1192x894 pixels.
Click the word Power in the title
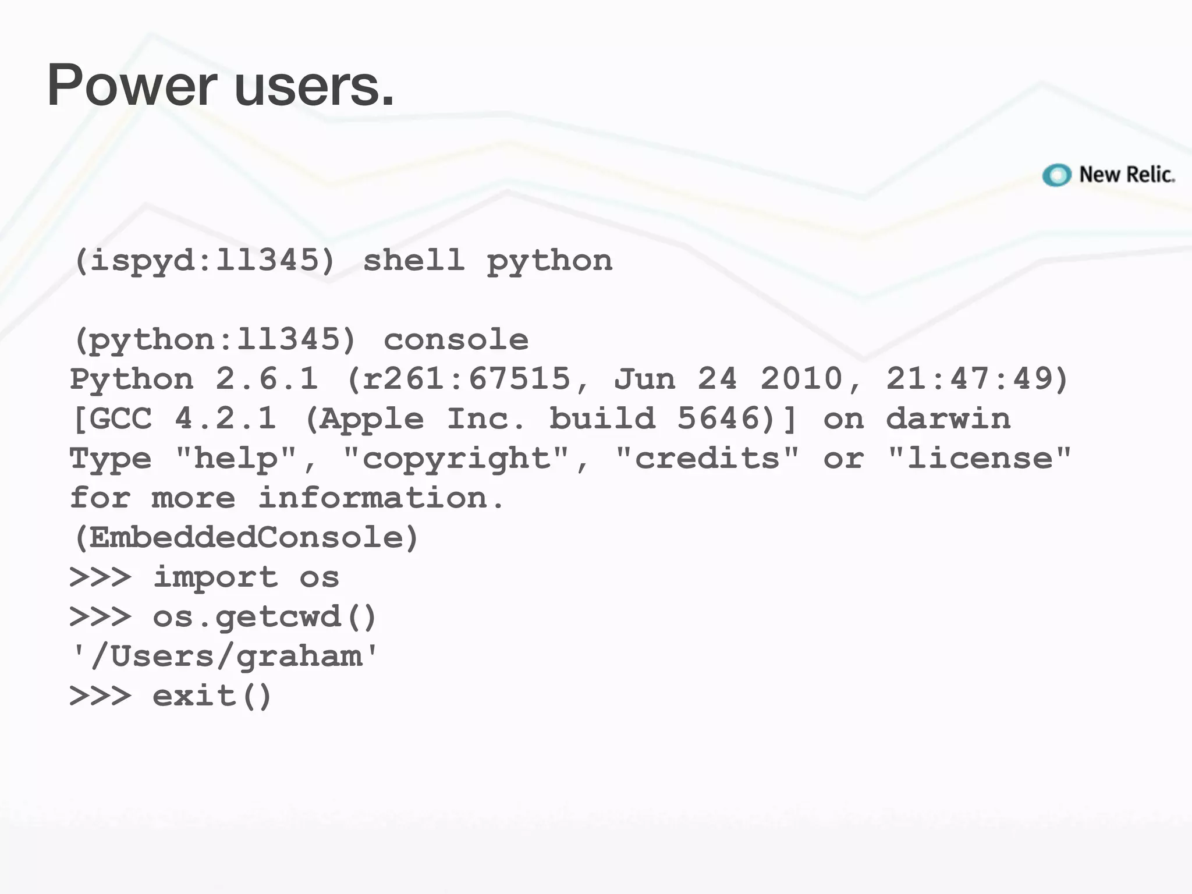(132, 86)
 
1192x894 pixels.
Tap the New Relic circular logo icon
(1056, 175)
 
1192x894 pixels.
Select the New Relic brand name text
(1127, 175)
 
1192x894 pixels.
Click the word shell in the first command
(414, 260)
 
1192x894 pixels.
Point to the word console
(456, 339)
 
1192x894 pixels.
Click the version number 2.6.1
(267, 379)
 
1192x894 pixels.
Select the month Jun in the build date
(644, 379)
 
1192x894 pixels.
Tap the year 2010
(801, 379)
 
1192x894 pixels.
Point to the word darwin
(948, 418)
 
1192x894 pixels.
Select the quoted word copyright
(456, 458)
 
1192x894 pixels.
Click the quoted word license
(980, 458)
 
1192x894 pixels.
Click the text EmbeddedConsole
(246, 537)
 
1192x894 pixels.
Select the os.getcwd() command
(265, 617)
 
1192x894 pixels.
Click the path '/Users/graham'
(225, 657)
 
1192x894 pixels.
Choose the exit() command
(212, 696)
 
